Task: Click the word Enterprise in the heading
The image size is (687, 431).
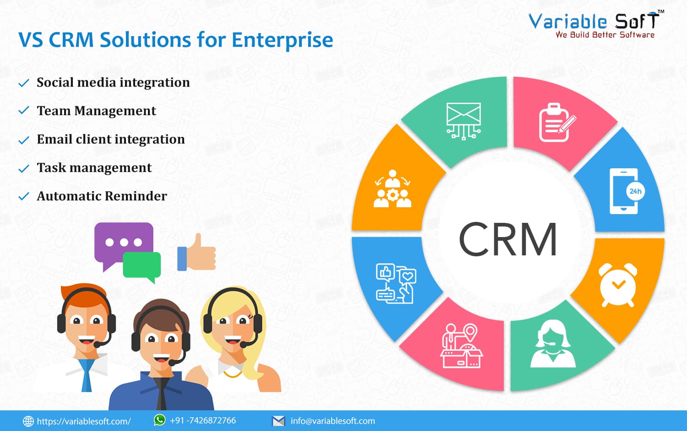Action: click(282, 40)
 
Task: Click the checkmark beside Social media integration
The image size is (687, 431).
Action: click(24, 83)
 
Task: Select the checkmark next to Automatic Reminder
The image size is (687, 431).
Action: click(24, 196)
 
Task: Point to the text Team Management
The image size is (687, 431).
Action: click(96, 111)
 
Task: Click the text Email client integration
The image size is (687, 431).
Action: click(111, 139)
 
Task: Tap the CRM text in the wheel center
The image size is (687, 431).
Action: click(508, 239)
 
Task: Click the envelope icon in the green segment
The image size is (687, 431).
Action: click(463, 121)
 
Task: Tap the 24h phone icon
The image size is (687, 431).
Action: click(627, 191)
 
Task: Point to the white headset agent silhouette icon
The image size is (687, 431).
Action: click(553, 343)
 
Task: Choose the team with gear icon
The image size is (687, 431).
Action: click(393, 188)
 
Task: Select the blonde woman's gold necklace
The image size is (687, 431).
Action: click(233, 374)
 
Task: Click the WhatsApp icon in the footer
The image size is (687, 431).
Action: click(159, 420)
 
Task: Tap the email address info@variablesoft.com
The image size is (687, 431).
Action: click(333, 421)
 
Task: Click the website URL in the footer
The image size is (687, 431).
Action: click(84, 421)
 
